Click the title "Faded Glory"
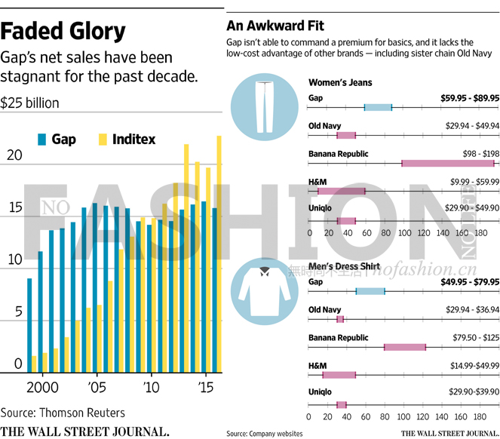(63, 31)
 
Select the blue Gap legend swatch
(41, 140)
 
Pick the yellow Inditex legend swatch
(103, 140)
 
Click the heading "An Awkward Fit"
(269, 24)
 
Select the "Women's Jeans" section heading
(340, 82)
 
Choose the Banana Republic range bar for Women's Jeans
(448, 163)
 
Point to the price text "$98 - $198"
(479, 153)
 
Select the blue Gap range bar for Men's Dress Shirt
(370, 291)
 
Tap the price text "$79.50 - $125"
(472, 338)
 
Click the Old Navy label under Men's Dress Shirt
(325, 310)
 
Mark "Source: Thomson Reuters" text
(63, 413)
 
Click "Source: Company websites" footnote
(265, 433)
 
